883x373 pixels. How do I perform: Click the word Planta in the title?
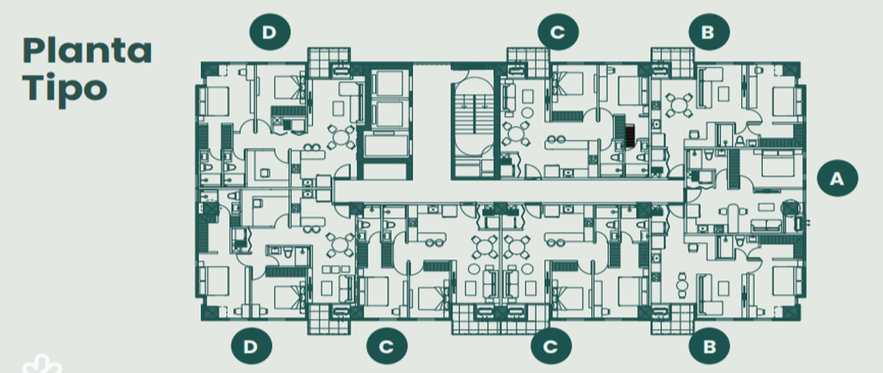(87, 51)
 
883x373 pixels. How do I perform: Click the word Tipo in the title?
(65, 89)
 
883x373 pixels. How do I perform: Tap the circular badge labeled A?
(837, 178)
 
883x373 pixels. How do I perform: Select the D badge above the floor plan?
(270, 32)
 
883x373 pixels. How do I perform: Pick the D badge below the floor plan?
(252, 347)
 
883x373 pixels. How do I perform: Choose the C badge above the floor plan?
(558, 32)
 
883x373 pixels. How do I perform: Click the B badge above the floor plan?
(709, 32)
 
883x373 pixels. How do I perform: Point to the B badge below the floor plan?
(709, 347)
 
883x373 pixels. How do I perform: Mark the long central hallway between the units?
(508, 191)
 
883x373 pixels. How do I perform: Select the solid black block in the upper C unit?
(631, 135)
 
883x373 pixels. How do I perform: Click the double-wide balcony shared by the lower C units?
(500, 319)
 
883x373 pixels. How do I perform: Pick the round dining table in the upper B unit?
(679, 105)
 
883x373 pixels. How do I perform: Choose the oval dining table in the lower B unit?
(682, 285)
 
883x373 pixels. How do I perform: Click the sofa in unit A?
(766, 226)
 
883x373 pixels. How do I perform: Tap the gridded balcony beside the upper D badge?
(329, 63)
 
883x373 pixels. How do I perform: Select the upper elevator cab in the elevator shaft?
(389, 84)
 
